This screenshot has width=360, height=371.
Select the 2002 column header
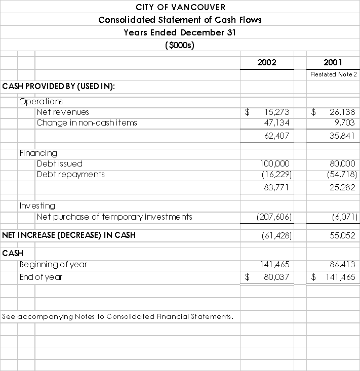click(x=267, y=62)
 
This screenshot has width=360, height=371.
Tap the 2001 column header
click(x=333, y=62)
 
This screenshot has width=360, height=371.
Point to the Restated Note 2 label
click(x=334, y=74)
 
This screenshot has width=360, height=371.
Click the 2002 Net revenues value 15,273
click(x=276, y=112)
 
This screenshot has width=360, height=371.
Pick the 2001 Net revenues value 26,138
click(x=342, y=112)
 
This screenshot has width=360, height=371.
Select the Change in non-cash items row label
click(x=87, y=122)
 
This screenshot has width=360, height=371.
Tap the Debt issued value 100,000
click(x=274, y=163)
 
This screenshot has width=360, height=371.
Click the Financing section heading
click(x=38, y=153)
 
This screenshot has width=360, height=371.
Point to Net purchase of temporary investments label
click(x=114, y=217)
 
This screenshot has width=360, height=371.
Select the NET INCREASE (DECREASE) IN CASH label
click(x=69, y=235)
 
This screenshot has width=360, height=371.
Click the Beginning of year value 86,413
click(x=342, y=264)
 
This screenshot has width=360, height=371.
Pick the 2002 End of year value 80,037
click(x=276, y=277)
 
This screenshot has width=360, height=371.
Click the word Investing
click(x=37, y=205)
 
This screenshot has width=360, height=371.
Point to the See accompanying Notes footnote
click(x=118, y=316)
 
